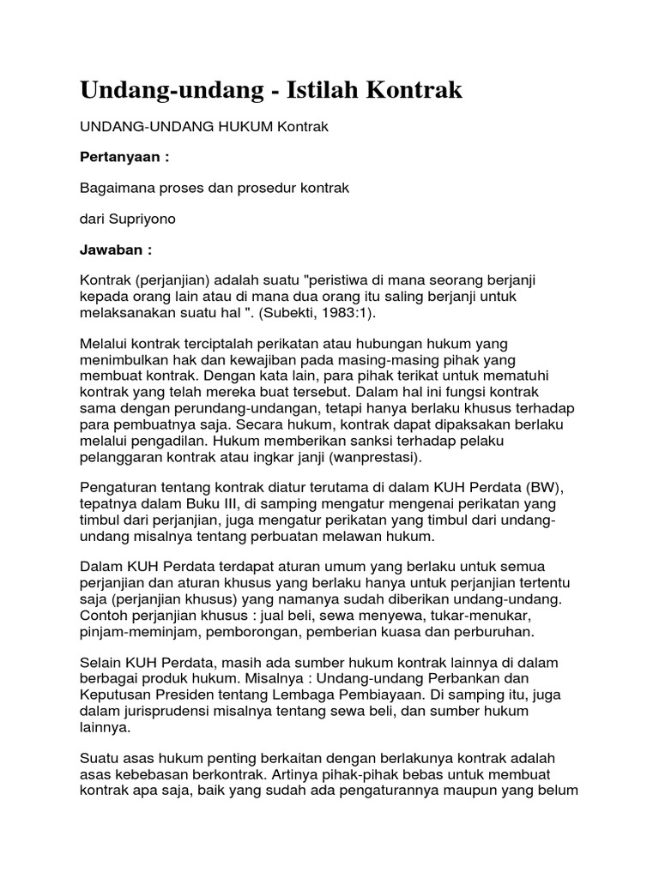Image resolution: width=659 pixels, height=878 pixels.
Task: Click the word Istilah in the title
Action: pyautogui.click(x=330, y=90)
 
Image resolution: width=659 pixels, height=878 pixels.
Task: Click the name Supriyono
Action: pyautogui.click(x=144, y=219)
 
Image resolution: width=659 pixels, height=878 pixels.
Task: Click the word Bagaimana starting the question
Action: pyautogui.click(x=117, y=188)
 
